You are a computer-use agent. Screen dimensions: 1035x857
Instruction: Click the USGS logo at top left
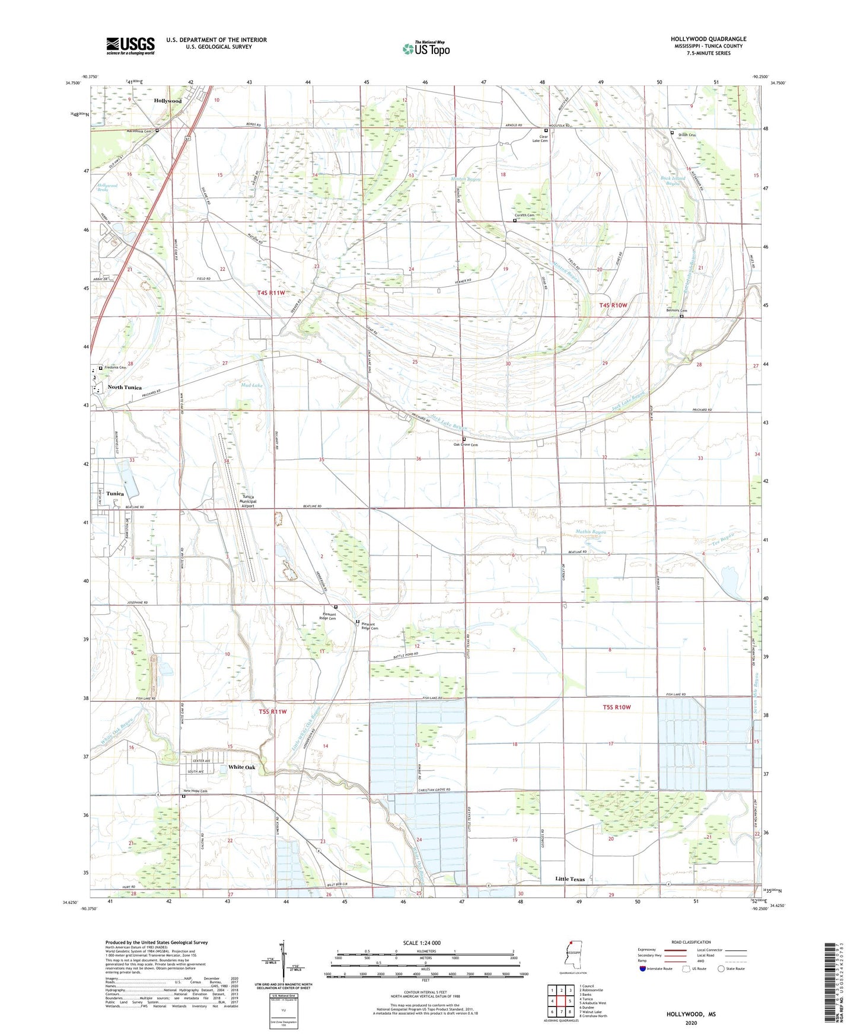(x=130, y=46)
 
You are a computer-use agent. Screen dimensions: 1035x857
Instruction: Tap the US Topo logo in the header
(x=426, y=49)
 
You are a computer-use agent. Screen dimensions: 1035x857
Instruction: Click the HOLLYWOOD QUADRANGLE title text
(x=708, y=39)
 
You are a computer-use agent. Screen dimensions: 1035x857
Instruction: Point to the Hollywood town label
(x=168, y=101)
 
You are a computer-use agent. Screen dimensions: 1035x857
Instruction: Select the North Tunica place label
(x=125, y=387)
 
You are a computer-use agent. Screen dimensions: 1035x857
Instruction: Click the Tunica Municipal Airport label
(x=247, y=501)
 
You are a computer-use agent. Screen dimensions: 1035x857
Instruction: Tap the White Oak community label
(x=242, y=767)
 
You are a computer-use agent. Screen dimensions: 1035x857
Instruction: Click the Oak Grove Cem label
(x=466, y=445)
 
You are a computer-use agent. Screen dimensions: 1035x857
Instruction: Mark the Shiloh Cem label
(x=687, y=135)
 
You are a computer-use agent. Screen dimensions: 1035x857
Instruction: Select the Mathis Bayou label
(x=591, y=532)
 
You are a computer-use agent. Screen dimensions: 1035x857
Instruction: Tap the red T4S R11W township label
(x=272, y=293)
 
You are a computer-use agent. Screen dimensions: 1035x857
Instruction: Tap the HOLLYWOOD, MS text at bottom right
(x=691, y=1014)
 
